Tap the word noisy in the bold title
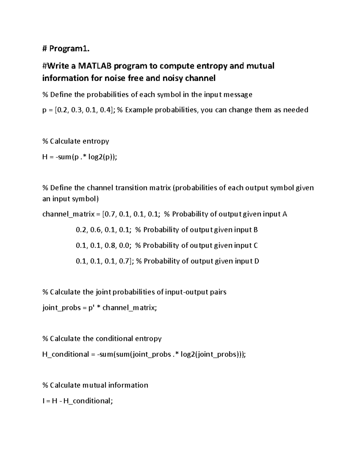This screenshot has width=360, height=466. [x=173, y=78]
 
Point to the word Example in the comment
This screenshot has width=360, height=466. [x=138, y=110]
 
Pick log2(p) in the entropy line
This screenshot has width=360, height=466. [x=102, y=157]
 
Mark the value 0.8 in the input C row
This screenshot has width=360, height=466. [x=110, y=245]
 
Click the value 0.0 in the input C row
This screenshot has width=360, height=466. [x=124, y=245]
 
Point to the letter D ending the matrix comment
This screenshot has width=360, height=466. [x=256, y=261]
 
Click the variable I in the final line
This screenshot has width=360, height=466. [x=43, y=401]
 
